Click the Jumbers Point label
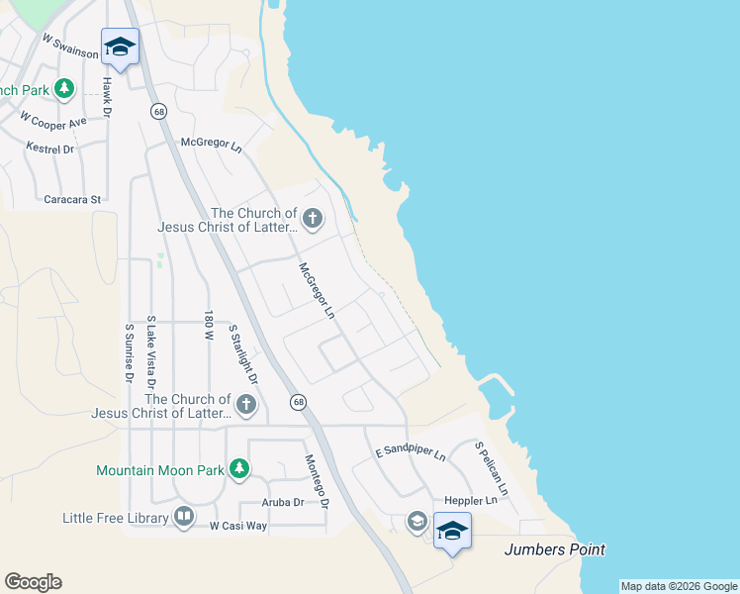(554, 549)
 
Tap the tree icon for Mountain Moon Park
(238, 470)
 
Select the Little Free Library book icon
(184, 517)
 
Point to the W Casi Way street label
(237, 526)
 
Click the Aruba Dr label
(282, 502)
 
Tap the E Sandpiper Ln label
(411, 454)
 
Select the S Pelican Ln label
(491, 468)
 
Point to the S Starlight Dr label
(242, 353)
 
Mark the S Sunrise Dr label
(129, 351)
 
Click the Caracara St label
(73, 199)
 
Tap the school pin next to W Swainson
(120, 48)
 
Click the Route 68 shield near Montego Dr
(298, 402)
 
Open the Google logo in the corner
(33, 582)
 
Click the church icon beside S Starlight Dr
(245, 404)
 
